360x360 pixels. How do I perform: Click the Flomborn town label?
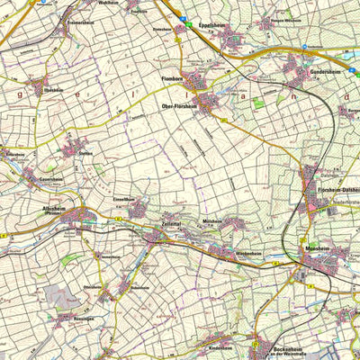tap(172, 79)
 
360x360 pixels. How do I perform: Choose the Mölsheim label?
tap(212, 220)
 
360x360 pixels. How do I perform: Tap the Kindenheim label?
tap(220, 346)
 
